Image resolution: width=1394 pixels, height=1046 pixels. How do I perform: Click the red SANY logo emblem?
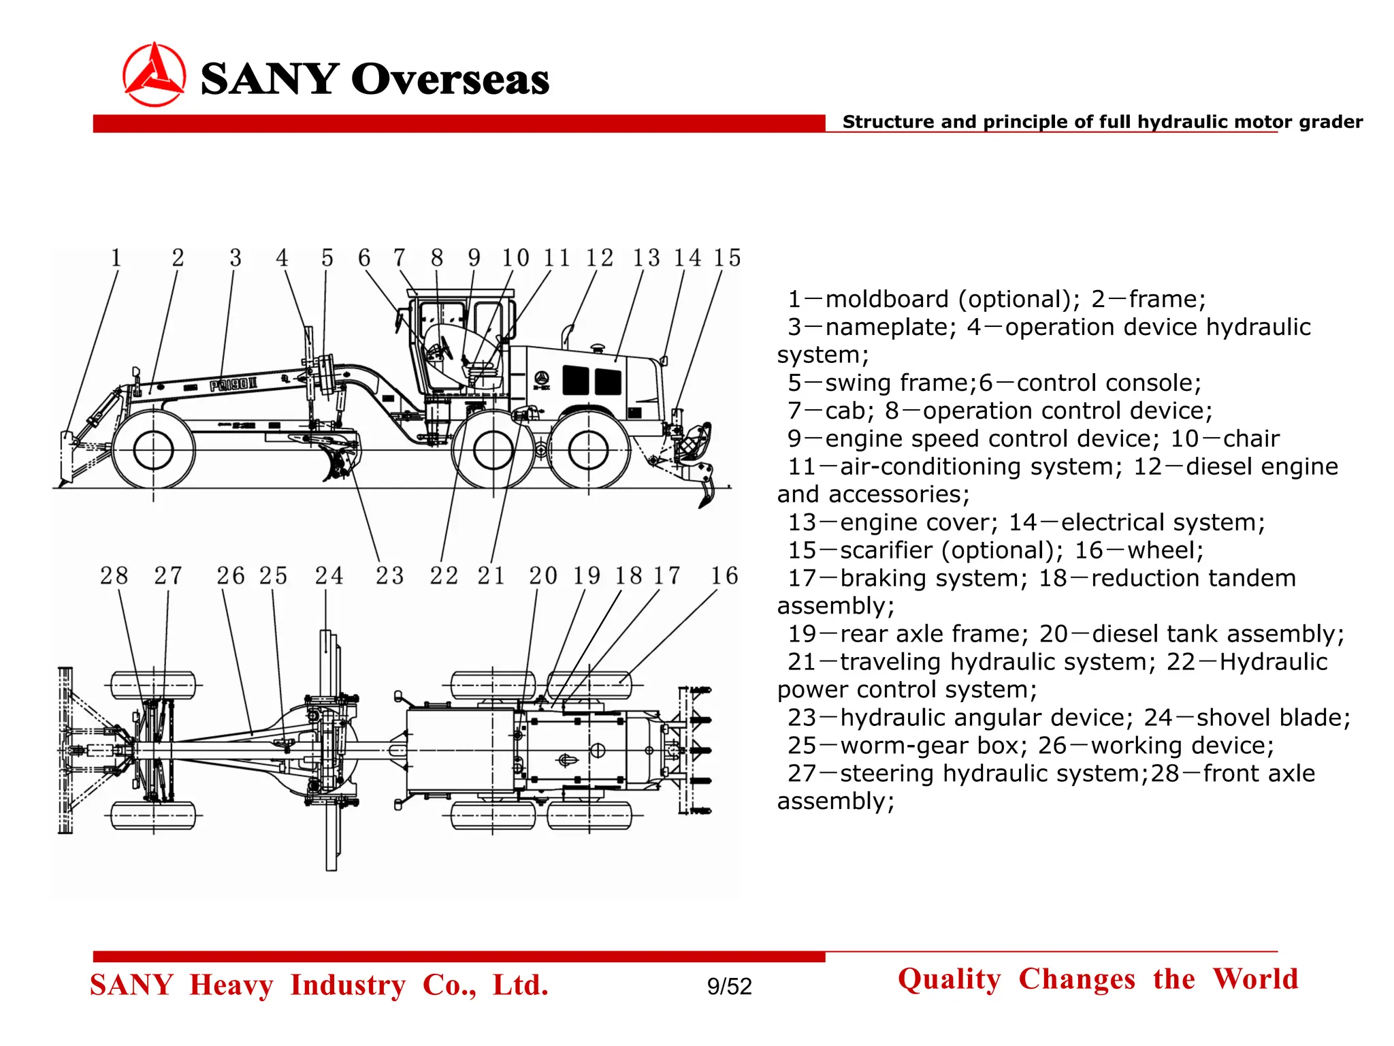coord(154,75)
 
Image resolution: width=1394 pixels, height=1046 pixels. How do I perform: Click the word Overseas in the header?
coord(450,79)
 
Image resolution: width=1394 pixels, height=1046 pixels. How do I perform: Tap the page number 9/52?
coord(729,986)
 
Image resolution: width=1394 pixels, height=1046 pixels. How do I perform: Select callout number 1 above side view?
coord(116,258)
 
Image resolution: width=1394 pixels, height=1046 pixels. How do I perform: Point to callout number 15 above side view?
coord(727,258)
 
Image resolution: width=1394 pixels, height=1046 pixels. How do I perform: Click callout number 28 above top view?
coord(114,576)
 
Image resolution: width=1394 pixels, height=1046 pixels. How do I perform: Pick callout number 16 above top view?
coord(724,576)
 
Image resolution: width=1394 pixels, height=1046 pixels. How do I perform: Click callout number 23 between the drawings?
coord(389,576)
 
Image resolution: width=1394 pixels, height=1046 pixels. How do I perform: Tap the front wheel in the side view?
coord(154,450)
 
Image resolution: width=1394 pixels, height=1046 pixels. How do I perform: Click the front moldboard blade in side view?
coord(66,458)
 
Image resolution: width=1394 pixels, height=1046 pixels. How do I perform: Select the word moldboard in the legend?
coord(888,300)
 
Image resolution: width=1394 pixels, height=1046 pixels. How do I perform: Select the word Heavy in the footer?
coord(231,985)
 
